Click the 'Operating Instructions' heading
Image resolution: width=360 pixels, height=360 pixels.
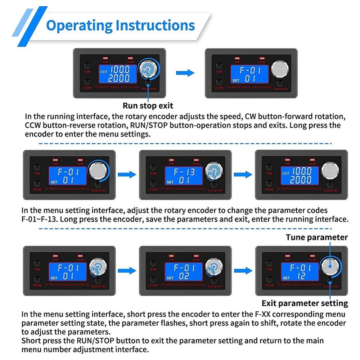(x=121, y=26)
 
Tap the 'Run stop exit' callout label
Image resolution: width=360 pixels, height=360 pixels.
(x=148, y=105)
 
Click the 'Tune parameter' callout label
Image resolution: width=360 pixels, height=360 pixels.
(x=317, y=237)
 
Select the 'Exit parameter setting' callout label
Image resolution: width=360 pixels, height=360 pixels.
(x=305, y=303)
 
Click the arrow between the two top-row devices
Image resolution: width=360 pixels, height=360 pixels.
(x=185, y=73)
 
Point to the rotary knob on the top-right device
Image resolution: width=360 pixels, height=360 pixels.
(x=280, y=68)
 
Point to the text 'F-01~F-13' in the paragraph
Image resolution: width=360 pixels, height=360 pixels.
(x=40, y=219)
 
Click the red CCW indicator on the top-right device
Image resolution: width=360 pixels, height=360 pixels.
(x=262, y=57)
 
